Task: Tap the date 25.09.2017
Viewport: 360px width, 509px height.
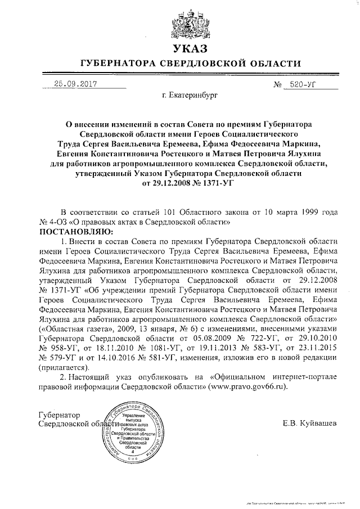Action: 73,84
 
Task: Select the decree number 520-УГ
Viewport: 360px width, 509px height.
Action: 304,84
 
